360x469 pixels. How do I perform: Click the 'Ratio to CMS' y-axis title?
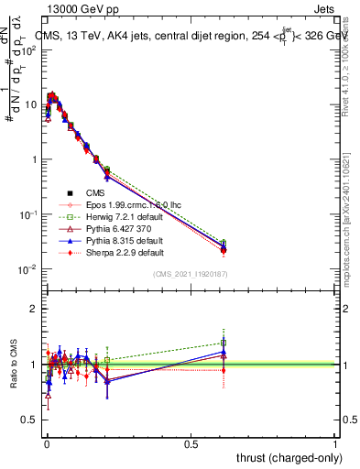click(x=14, y=365)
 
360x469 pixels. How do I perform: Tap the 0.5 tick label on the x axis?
click(x=191, y=443)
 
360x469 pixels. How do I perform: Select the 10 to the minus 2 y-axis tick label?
click(x=27, y=269)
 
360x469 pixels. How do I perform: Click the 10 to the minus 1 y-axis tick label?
click(x=27, y=214)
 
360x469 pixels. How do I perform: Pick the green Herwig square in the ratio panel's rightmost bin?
click(x=224, y=343)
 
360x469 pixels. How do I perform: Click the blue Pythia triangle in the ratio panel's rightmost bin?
click(x=224, y=352)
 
